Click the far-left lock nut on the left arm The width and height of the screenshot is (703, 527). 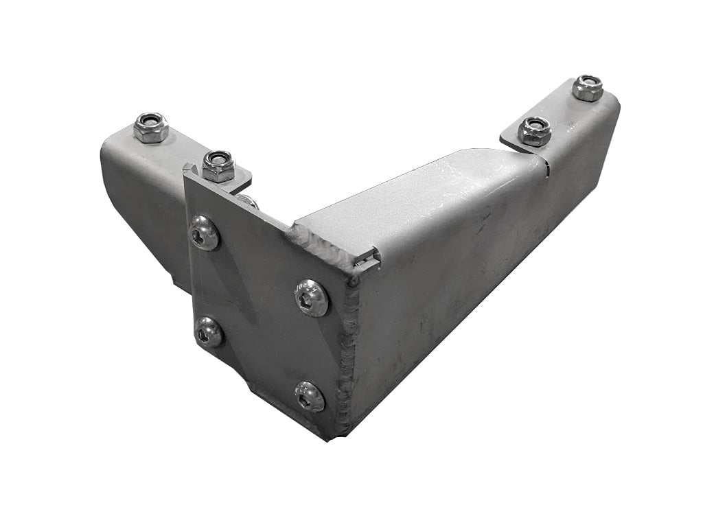(150, 128)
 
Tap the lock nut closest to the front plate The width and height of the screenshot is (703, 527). (219, 166)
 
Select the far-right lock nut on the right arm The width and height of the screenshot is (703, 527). (588, 88)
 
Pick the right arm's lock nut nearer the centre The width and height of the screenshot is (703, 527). (535, 131)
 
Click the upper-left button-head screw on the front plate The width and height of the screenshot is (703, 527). (204, 233)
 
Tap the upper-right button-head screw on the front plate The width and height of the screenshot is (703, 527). (311, 298)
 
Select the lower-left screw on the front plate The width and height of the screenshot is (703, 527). (209, 332)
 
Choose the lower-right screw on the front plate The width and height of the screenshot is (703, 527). (310, 397)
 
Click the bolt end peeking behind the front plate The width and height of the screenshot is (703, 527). (249, 200)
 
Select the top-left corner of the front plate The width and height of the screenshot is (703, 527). (187, 173)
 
